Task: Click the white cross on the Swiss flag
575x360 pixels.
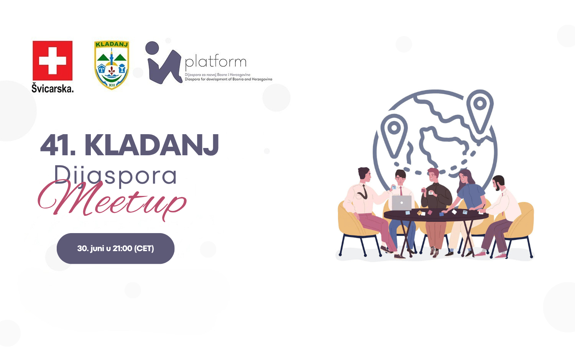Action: pyautogui.click(x=53, y=61)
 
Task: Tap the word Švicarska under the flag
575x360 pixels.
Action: pyautogui.click(x=53, y=88)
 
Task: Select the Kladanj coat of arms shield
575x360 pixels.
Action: pyautogui.click(x=112, y=65)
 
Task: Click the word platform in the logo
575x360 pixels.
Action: pyautogui.click(x=215, y=62)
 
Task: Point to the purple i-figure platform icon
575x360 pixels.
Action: pyautogui.click(x=163, y=63)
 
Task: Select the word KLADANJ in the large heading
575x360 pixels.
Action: pyautogui.click(x=152, y=145)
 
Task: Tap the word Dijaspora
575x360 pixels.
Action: pyautogui.click(x=115, y=176)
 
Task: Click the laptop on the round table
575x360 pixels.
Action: pyautogui.click(x=402, y=203)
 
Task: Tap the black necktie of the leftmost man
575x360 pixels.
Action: pyautogui.click(x=364, y=192)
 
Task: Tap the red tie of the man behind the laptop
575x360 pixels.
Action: pyautogui.click(x=401, y=191)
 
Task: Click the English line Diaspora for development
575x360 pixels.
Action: pyautogui.click(x=228, y=79)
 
